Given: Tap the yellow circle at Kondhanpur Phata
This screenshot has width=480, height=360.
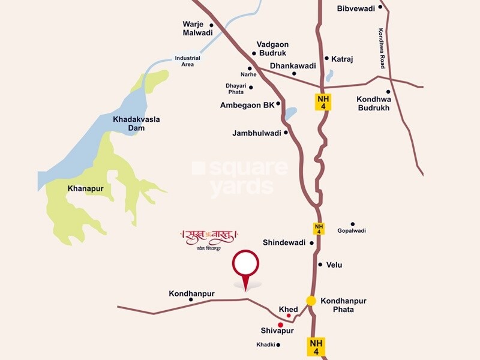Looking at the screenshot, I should (x=311, y=301).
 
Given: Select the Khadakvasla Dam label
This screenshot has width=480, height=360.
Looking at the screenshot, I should (x=136, y=124).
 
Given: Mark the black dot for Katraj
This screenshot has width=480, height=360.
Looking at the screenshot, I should (x=326, y=58).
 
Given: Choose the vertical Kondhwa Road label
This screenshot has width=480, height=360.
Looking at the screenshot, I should (x=381, y=48).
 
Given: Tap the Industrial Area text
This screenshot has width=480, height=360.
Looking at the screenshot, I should (x=187, y=61).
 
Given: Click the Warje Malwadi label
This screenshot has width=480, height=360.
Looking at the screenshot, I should (x=197, y=29).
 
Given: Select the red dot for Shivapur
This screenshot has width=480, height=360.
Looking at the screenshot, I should (x=280, y=325).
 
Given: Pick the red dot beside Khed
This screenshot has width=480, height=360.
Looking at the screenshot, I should (x=289, y=316).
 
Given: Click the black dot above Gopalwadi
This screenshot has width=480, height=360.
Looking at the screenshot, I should (x=353, y=224).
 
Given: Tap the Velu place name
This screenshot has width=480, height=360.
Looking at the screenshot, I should (x=334, y=265).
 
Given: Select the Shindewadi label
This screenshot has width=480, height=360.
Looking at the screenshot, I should (x=284, y=242).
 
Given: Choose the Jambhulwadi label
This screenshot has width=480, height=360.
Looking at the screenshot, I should (x=257, y=133).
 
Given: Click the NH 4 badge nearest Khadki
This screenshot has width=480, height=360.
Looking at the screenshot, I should (x=317, y=347).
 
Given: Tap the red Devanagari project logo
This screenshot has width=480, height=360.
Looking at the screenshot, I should (x=209, y=235).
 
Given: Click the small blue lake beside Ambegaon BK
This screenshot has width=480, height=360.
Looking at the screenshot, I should (x=290, y=113).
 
